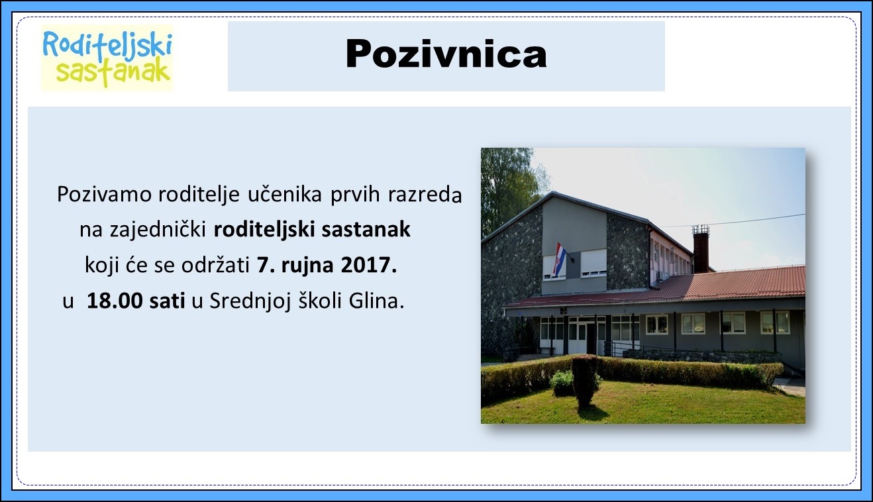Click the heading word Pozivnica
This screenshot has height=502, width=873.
[x=446, y=54]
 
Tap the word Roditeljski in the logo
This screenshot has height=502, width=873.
[x=107, y=45]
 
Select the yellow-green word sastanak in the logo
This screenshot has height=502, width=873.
[x=113, y=72]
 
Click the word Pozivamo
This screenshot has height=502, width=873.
[x=104, y=194]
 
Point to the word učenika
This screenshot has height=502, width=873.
[x=285, y=194]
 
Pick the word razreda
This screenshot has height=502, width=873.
[x=425, y=194]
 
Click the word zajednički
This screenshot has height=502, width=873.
[x=158, y=230]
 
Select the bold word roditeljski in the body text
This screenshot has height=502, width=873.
[x=264, y=230]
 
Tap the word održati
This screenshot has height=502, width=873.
[x=215, y=266]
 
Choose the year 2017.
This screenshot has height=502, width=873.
[x=369, y=266]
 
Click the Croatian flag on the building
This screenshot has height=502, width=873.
[x=559, y=258]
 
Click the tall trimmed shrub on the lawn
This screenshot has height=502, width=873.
[x=584, y=381]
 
